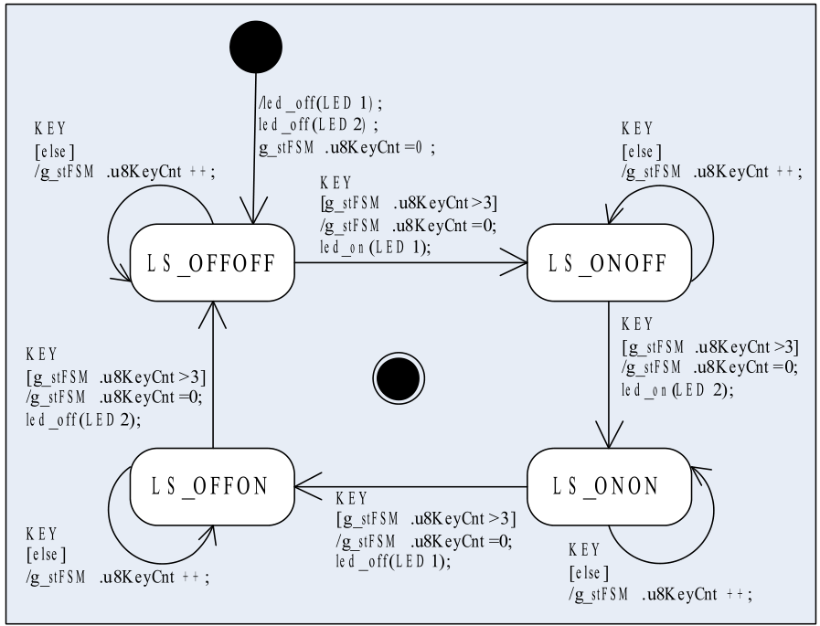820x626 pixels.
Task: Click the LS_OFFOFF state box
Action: (x=213, y=263)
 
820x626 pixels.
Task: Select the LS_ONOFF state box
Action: (x=610, y=263)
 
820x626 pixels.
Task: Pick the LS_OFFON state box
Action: (x=213, y=486)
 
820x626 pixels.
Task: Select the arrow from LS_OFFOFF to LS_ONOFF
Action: (x=411, y=263)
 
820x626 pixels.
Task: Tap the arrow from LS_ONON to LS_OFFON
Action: (x=411, y=486)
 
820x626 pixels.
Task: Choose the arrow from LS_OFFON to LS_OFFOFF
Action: (x=213, y=375)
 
